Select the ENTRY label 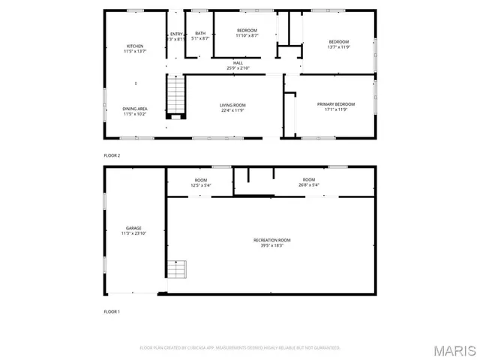pos(175,33)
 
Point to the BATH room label pos(200,33)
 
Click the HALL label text pos(238,62)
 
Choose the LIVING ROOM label pos(232,104)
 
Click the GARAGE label pos(134,228)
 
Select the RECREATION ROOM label pos(271,239)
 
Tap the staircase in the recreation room pos(176,269)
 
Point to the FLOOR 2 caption pos(112,155)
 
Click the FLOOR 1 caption pos(112,311)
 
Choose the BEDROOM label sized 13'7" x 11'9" pos(338,42)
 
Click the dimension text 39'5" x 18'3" pos(271,244)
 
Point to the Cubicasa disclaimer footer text pos(240,348)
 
